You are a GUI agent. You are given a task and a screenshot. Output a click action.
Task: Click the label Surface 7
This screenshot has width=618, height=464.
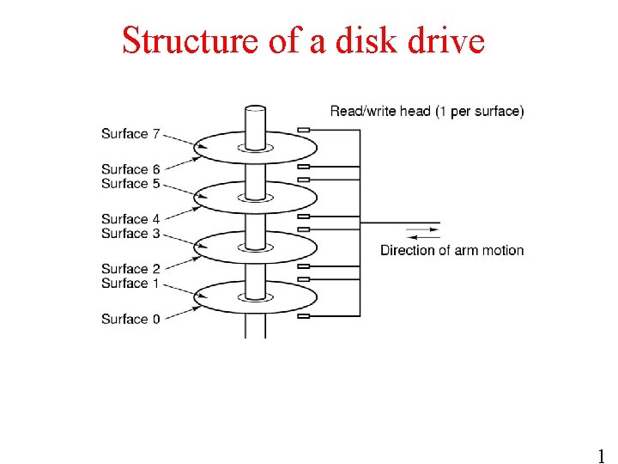click(130, 133)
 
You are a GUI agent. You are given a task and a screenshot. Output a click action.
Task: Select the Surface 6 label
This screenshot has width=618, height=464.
click(130, 169)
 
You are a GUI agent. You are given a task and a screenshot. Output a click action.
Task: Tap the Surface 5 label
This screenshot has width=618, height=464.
click(130, 183)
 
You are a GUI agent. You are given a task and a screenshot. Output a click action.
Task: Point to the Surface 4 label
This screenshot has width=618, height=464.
click(130, 219)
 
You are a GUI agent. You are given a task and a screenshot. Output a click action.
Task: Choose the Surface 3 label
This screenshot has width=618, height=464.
click(130, 233)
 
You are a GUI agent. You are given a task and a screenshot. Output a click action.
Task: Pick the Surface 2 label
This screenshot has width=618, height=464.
click(130, 269)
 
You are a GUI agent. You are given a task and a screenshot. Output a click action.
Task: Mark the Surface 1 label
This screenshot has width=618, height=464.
click(130, 283)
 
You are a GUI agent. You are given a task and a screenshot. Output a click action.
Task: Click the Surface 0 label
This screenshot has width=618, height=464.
click(130, 319)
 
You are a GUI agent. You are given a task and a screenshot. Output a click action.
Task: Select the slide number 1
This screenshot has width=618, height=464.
click(601, 455)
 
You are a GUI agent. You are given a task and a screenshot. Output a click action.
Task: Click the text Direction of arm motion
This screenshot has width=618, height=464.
click(451, 250)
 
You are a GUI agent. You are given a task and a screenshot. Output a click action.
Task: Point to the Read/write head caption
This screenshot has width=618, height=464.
click(427, 111)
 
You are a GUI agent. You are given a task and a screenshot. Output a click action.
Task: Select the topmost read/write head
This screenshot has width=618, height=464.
click(303, 131)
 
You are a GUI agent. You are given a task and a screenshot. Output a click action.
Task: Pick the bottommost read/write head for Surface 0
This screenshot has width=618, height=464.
click(303, 316)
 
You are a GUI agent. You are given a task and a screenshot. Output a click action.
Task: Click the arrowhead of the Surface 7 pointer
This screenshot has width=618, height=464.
click(199, 147)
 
